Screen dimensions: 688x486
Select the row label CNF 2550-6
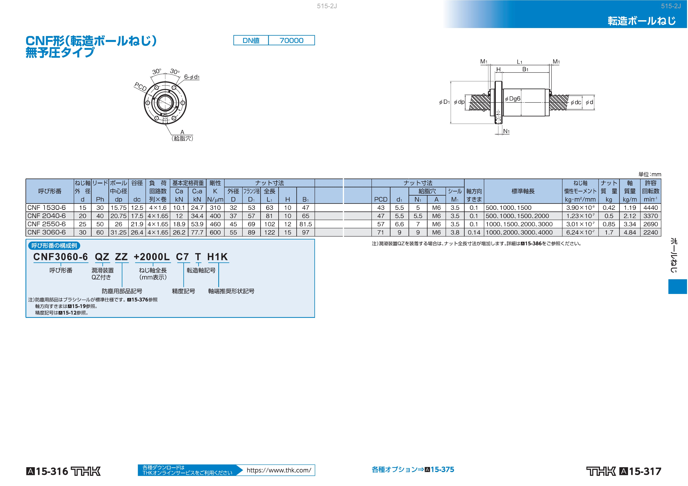coord(46,224)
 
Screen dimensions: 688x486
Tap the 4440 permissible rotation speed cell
coord(651,208)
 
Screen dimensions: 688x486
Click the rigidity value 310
coord(215,208)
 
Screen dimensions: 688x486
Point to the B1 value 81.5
coord(306,224)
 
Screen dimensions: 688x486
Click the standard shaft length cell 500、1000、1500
coord(509,208)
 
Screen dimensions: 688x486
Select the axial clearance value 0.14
coord(474,232)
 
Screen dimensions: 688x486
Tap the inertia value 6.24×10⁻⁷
coord(580,232)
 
